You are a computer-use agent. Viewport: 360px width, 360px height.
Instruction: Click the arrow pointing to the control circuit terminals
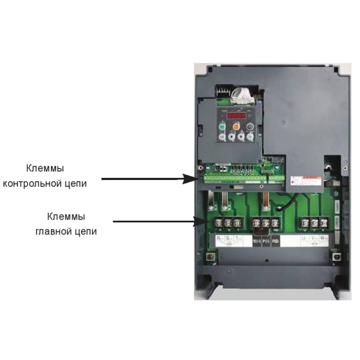click(150, 179)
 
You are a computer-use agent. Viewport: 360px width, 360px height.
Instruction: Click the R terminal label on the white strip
click(219, 240)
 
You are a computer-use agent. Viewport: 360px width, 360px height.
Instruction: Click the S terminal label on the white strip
click(228, 240)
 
